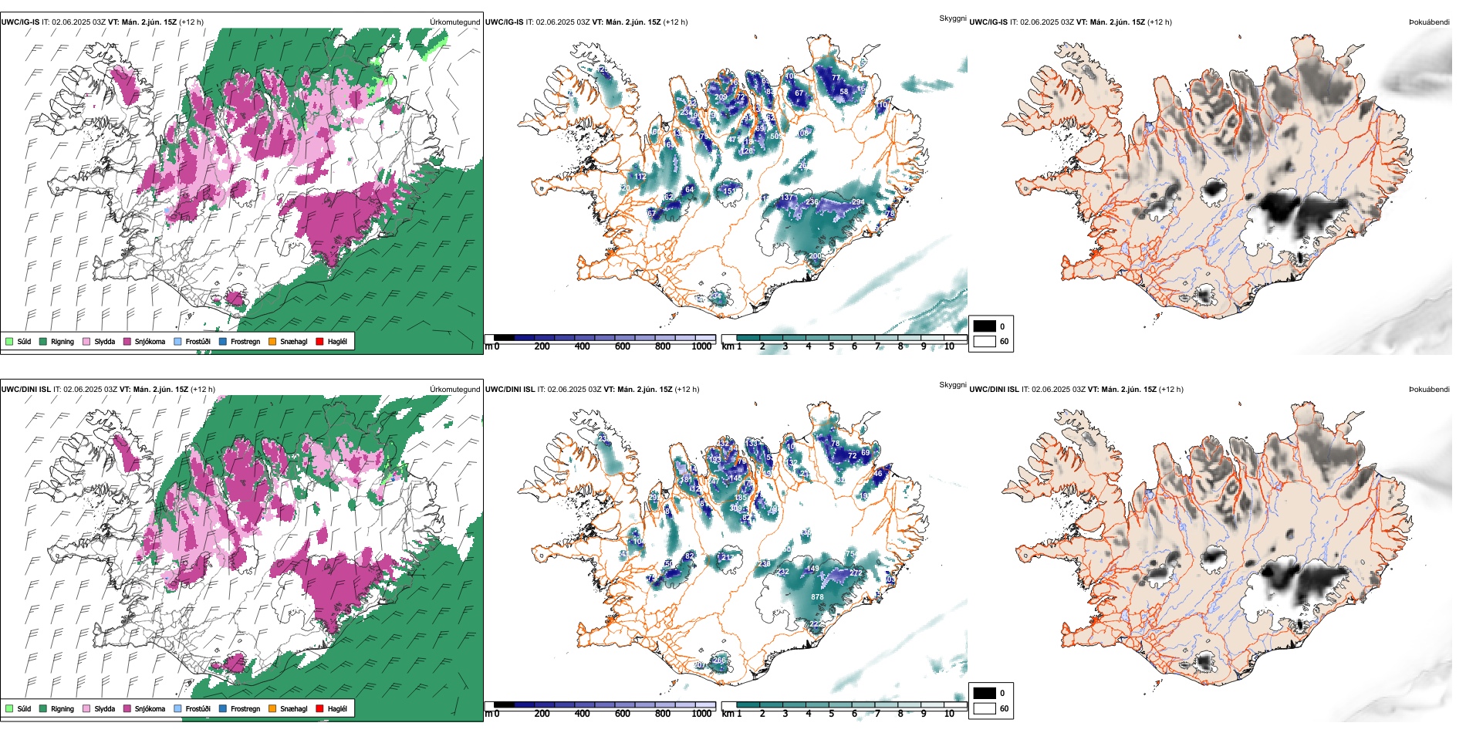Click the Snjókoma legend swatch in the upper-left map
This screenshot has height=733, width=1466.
coord(127,341)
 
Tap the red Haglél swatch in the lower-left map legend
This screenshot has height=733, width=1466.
coord(319,708)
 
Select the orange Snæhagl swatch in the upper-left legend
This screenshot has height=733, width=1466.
coord(272,341)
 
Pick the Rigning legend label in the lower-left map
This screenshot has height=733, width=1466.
coord(62,708)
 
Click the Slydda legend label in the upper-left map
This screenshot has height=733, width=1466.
coord(105,341)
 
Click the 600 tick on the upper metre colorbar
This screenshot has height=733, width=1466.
coord(623,346)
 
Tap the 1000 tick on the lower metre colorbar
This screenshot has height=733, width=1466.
coord(701,714)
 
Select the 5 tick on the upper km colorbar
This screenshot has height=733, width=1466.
coord(832,346)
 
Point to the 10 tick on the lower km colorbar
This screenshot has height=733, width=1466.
coord(949,714)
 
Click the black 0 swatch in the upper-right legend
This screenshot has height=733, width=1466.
coord(985,326)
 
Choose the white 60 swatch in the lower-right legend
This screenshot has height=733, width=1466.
coord(985,708)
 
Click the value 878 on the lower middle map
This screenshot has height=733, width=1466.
coord(817,596)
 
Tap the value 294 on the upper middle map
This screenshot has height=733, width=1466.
coord(857,202)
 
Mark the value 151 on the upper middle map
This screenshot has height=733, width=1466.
coord(729,191)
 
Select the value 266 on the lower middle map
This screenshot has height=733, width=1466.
coord(719,660)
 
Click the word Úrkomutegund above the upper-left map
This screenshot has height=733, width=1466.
coord(454,22)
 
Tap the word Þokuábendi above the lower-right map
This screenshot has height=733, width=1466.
coord(1429,389)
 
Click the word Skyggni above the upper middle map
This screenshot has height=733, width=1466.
coord(952,18)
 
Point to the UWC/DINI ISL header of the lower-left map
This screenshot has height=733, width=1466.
coord(25,389)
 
